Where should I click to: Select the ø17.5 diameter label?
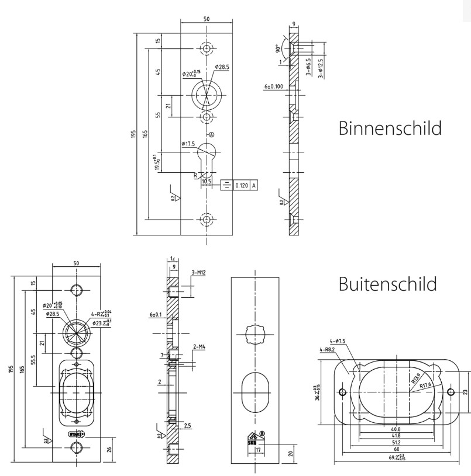coord(188,143)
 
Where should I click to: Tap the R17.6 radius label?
coord(421,385)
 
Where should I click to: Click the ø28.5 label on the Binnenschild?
coord(222,67)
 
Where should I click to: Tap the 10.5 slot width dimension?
coord(206,182)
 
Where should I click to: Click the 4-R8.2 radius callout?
coord(328,350)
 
